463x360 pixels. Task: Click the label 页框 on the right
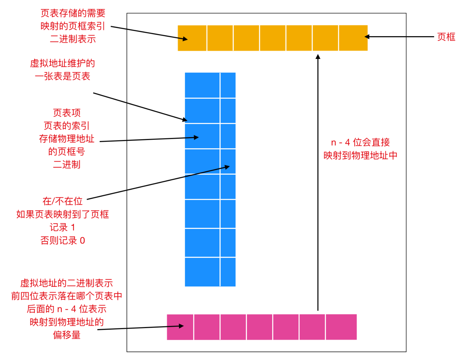[446, 37]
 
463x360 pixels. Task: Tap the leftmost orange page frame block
[192, 38]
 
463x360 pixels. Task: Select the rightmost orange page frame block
[353, 38]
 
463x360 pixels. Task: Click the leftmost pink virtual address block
[180, 327]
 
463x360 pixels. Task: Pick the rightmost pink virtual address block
[341, 327]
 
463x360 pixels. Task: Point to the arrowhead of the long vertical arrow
[318, 57]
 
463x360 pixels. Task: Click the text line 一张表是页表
[62, 76]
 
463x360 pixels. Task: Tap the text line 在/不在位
[62, 201]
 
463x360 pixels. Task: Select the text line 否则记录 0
[63, 240]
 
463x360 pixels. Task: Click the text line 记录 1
[62, 228]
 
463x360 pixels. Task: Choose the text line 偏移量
[67, 335]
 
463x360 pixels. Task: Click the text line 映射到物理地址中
[360, 155]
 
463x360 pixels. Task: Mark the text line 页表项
[67, 113]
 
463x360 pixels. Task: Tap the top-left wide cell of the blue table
[202, 85]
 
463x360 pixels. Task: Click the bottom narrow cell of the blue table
[228, 272]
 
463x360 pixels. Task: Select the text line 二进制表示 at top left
[73, 39]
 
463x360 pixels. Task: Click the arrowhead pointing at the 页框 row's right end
[367, 37]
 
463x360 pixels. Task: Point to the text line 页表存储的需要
[73, 13]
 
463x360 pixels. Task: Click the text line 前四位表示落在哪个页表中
[67, 296]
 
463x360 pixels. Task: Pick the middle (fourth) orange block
[273, 38]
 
